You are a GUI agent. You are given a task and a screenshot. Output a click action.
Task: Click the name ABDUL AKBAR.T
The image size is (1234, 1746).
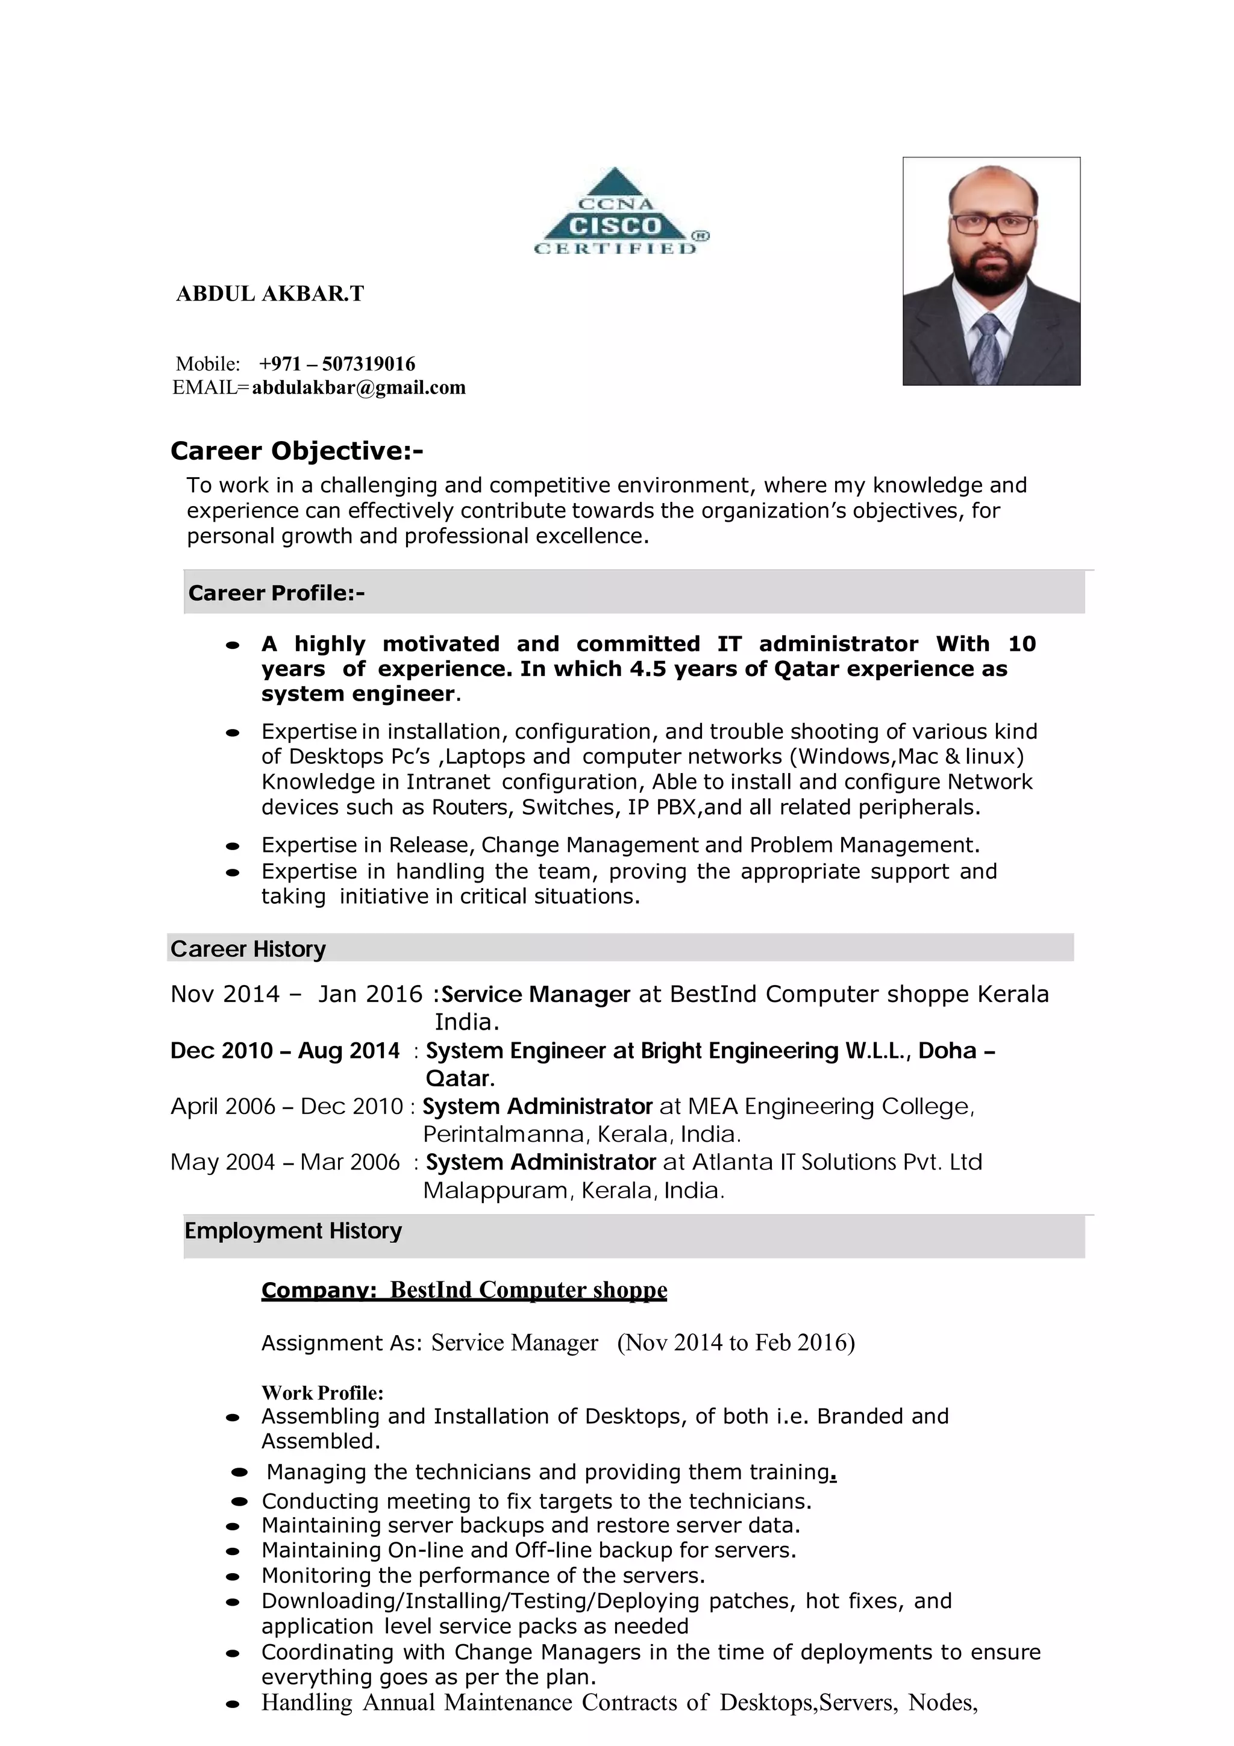tap(270, 293)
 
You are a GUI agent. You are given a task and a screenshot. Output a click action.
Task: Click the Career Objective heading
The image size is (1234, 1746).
tap(296, 451)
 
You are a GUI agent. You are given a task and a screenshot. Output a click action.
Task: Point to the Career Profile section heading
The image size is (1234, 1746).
tap(276, 593)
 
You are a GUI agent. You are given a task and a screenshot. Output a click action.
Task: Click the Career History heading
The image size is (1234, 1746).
tap(248, 949)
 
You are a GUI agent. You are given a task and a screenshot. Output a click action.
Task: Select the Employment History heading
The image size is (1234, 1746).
tap(293, 1230)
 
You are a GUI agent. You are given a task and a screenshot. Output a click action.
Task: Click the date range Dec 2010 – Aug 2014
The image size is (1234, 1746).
tap(285, 1051)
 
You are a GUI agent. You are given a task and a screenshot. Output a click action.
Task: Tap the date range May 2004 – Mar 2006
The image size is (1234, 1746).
tap(285, 1162)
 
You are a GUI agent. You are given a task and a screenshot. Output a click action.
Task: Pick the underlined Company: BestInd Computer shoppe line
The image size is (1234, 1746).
tap(464, 1290)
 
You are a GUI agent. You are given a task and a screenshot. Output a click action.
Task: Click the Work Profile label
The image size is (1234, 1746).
tap(322, 1392)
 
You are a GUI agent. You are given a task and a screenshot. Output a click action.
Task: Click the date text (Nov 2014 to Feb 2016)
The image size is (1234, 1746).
tap(735, 1342)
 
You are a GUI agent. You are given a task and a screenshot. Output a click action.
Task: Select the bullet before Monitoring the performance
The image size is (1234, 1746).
tap(233, 1577)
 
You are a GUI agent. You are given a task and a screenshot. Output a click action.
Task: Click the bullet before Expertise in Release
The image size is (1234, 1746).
tap(233, 846)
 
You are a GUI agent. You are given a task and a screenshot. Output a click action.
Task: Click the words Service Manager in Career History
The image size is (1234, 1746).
tap(536, 995)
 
